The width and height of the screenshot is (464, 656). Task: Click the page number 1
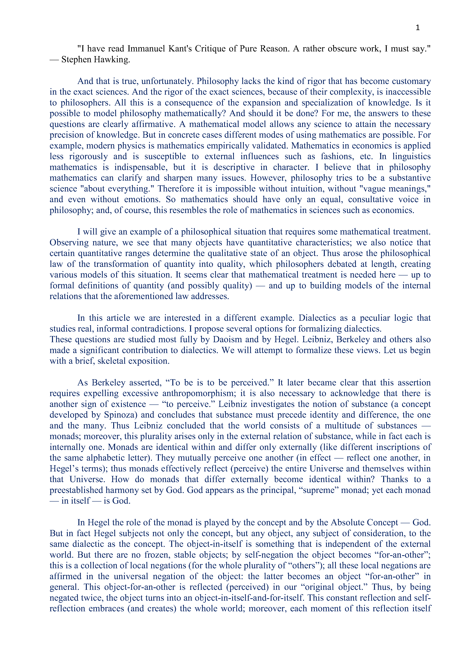(417, 28)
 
